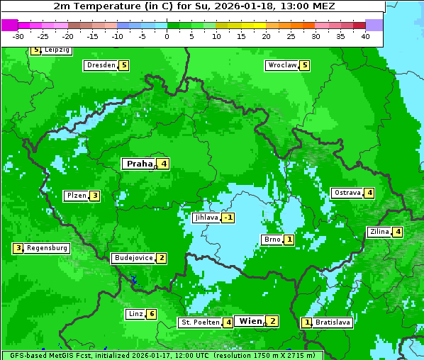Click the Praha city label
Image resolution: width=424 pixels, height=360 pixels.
pyautogui.click(x=139, y=164)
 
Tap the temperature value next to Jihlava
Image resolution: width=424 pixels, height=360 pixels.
pyautogui.click(x=228, y=218)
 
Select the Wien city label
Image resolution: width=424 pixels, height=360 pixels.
pyautogui.click(x=250, y=321)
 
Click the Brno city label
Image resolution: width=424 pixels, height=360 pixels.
pyautogui.click(x=272, y=240)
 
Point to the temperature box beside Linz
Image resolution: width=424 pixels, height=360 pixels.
pyautogui.click(x=151, y=314)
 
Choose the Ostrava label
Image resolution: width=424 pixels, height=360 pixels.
pyautogui.click(x=347, y=193)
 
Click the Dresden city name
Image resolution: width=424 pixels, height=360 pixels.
pyautogui.click(x=100, y=65)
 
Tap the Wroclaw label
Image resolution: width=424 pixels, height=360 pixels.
pyautogui.click(x=281, y=65)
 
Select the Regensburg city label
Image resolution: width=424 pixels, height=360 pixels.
pyautogui.click(x=48, y=248)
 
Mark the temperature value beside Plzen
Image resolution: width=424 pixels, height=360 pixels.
pyautogui.click(x=94, y=196)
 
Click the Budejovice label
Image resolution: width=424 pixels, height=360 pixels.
pyautogui.click(x=133, y=258)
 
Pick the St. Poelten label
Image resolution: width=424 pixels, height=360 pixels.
pyautogui.click(x=200, y=322)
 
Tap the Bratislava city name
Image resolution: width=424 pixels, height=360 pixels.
pyautogui.click(x=333, y=322)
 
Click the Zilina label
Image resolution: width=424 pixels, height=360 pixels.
pyautogui.click(x=379, y=232)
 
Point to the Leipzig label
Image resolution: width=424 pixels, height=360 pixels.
pyautogui.click(x=57, y=50)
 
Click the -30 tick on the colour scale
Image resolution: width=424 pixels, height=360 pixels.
pyautogui.click(x=18, y=36)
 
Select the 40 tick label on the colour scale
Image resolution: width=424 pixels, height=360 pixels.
pyautogui.click(x=365, y=36)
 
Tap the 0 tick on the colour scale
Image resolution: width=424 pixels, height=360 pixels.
pyautogui.click(x=167, y=36)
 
